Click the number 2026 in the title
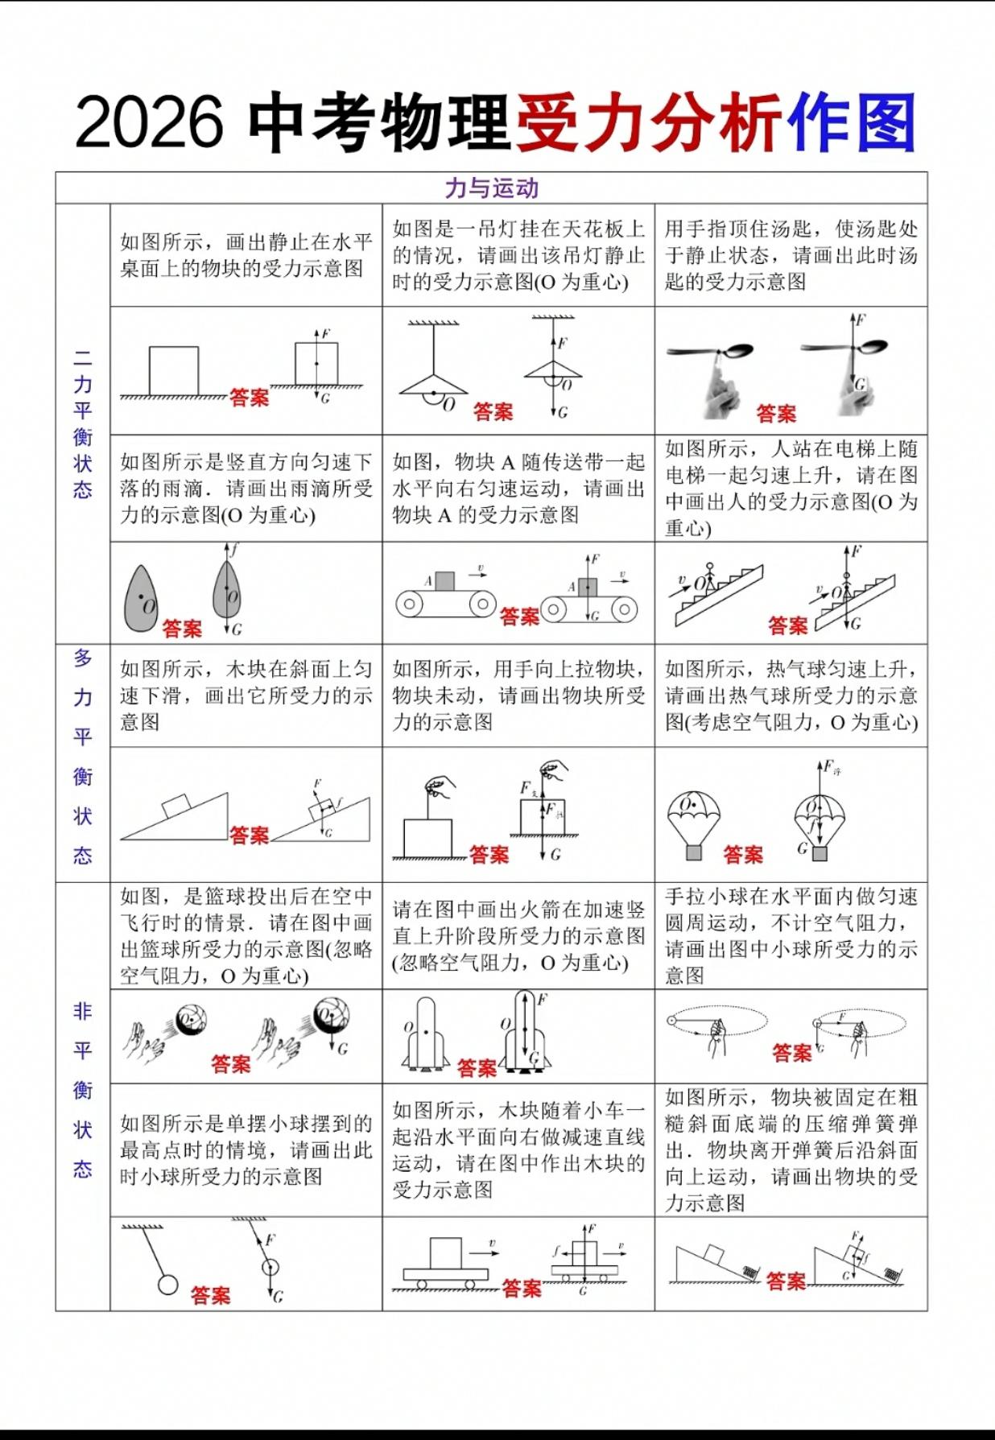point(149,122)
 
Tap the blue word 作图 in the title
point(852,122)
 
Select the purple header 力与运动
point(491,188)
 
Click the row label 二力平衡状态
point(82,423)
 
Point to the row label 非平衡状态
point(82,1090)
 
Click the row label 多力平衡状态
point(82,756)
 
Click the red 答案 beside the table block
point(249,397)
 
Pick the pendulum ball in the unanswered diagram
point(167,1284)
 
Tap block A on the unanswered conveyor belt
point(444,581)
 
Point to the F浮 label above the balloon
point(829,767)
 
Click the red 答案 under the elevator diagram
point(787,625)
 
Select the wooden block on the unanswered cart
point(445,1253)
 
